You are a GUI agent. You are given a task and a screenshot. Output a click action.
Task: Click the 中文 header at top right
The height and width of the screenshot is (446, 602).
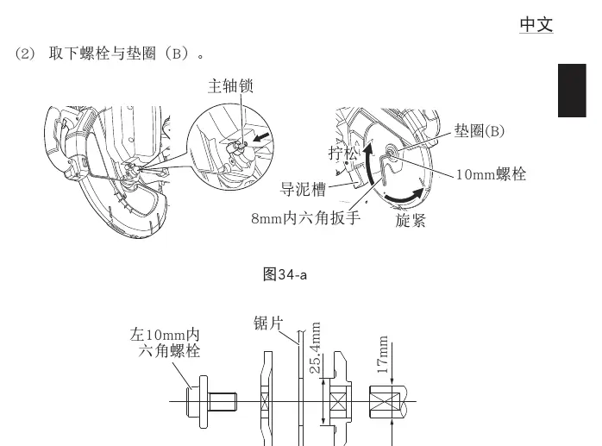coord(536,25)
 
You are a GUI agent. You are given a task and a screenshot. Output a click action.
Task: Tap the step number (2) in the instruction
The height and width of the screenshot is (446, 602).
coord(25,53)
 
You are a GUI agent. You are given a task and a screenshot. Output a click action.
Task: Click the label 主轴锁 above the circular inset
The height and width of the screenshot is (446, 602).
coord(230,86)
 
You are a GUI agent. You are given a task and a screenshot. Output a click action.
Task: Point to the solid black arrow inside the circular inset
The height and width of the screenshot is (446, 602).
coord(261,137)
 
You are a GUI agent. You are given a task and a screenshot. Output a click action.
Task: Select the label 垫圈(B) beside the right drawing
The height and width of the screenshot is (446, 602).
coord(480,131)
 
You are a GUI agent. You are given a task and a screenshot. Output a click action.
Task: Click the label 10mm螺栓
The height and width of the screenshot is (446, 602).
coord(491,174)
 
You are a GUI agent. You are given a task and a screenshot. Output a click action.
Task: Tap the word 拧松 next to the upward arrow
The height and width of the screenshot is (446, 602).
coord(343,154)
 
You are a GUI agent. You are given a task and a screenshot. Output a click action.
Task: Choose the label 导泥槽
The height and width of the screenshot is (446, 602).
coord(303,190)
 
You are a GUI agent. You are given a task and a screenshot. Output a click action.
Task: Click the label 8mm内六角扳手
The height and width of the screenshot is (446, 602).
coord(305,218)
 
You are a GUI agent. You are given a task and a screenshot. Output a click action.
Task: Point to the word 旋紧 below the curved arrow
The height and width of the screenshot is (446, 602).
coord(411,221)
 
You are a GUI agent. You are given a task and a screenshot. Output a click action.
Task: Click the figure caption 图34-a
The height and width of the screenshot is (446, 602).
coord(285,274)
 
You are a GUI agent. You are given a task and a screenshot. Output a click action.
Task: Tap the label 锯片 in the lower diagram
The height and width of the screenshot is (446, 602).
coord(268,324)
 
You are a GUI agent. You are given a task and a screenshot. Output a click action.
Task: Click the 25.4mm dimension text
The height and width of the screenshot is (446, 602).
coord(315,348)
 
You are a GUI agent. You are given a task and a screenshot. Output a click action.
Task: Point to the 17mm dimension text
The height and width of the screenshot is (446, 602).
coord(383,355)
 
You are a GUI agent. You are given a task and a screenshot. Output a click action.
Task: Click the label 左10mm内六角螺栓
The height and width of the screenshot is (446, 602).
coord(165,342)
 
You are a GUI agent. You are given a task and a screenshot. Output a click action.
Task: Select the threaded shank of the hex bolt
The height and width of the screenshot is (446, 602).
coord(223,402)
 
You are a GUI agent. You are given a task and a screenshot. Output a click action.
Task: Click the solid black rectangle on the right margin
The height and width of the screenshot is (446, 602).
coord(572,91)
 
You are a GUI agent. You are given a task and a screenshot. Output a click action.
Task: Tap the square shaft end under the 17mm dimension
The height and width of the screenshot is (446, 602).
coord(387,402)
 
